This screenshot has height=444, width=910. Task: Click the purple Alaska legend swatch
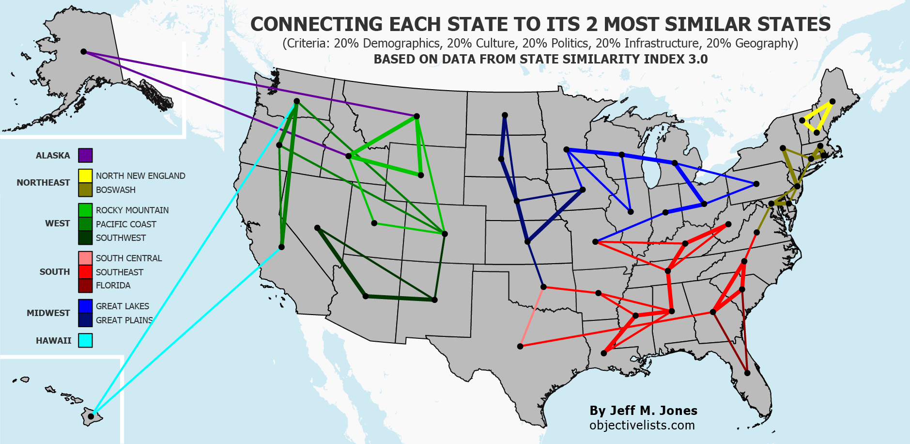pyautogui.click(x=85, y=156)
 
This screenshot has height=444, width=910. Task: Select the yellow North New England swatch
pyautogui.click(x=85, y=175)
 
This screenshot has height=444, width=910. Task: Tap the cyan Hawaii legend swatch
pyautogui.click(x=85, y=340)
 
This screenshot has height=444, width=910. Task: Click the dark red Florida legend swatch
pyautogui.click(x=85, y=285)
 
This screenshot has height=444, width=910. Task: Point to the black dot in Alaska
pyautogui.click(x=83, y=51)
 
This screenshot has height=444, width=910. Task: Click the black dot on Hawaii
pyautogui.click(x=91, y=416)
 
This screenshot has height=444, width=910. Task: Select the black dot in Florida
pyautogui.click(x=747, y=373)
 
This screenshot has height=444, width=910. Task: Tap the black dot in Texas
pyautogui.click(x=520, y=346)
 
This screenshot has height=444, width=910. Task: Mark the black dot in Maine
pyautogui.click(x=833, y=101)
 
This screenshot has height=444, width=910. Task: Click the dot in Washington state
pyautogui.click(x=297, y=101)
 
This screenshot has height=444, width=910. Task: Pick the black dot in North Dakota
pyautogui.click(x=505, y=115)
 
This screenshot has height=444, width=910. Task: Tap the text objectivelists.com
pyautogui.click(x=642, y=425)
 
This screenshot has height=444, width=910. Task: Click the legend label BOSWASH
pyautogui.click(x=116, y=190)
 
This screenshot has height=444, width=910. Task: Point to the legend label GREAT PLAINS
pyautogui.click(x=124, y=320)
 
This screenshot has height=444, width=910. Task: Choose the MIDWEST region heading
pyautogui.click(x=48, y=313)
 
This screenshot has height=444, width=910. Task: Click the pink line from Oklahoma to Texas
pyautogui.click(x=532, y=317)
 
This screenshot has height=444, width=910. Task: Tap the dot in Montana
pyautogui.click(x=416, y=116)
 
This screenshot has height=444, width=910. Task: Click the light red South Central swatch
pyautogui.click(x=85, y=258)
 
